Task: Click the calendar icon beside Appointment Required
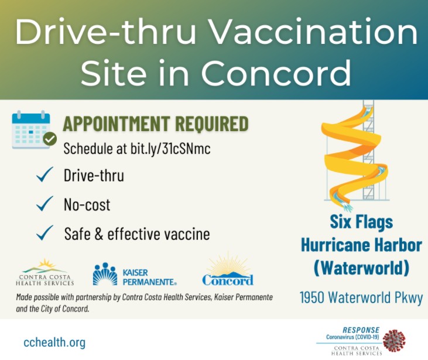click(31, 129)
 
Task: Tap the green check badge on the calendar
click(50, 139)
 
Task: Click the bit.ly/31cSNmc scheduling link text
click(170, 149)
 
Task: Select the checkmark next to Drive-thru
click(44, 174)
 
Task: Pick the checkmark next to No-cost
click(44, 204)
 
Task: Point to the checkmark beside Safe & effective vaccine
click(44, 233)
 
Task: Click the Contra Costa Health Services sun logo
click(44, 272)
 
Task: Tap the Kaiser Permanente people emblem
click(105, 274)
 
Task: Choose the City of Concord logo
click(228, 270)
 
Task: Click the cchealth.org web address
click(54, 342)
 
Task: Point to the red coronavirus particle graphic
click(394, 340)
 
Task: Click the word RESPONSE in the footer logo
click(361, 330)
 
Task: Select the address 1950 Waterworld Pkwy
click(361, 297)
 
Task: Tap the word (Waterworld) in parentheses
click(361, 268)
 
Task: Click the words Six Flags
click(361, 221)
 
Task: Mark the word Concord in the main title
click(276, 73)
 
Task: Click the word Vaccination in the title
click(314, 32)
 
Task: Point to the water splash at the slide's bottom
click(347, 206)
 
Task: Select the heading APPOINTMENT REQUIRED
click(156, 124)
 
